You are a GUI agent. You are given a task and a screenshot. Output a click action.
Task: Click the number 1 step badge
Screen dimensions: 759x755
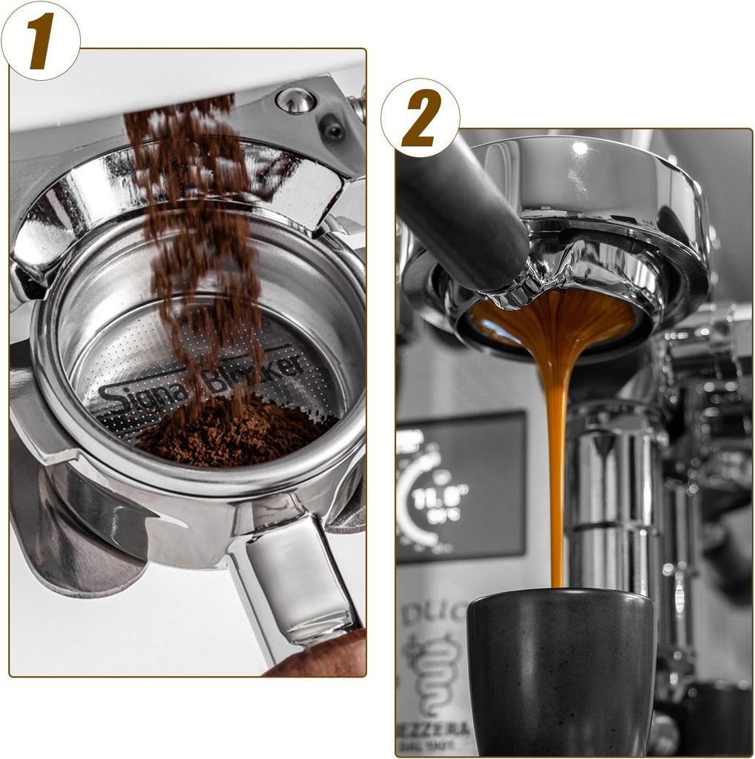pyautogui.click(x=41, y=40)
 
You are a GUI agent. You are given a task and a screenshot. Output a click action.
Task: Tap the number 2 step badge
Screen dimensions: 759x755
pyautogui.click(x=421, y=118)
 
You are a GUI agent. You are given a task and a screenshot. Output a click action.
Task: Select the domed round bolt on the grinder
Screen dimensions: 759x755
pyautogui.click(x=296, y=100)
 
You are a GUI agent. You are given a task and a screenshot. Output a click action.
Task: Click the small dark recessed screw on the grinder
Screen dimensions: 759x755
pyautogui.click(x=333, y=130)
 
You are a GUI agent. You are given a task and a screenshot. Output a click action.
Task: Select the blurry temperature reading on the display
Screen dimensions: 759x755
pyautogui.click(x=430, y=494)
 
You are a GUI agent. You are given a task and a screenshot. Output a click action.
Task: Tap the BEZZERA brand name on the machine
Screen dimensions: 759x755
pyautogui.click(x=438, y=729)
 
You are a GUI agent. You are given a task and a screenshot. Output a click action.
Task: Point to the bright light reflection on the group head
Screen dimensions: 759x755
pyautogui.click(x=579, y=148)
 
